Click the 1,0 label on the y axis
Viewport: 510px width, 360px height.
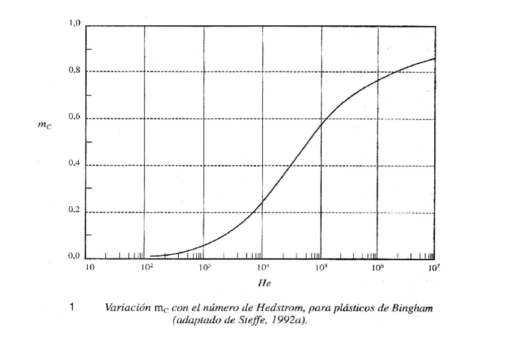[74, 24]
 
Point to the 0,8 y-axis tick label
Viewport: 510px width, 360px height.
[74, 71]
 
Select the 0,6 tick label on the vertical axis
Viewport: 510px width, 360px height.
[74, 118]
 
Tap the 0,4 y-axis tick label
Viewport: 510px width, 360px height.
[74, 165]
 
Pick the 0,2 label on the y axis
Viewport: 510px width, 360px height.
[74, 212]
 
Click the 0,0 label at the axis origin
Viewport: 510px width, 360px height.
[74, 258]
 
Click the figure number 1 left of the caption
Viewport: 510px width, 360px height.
[72, 308]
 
